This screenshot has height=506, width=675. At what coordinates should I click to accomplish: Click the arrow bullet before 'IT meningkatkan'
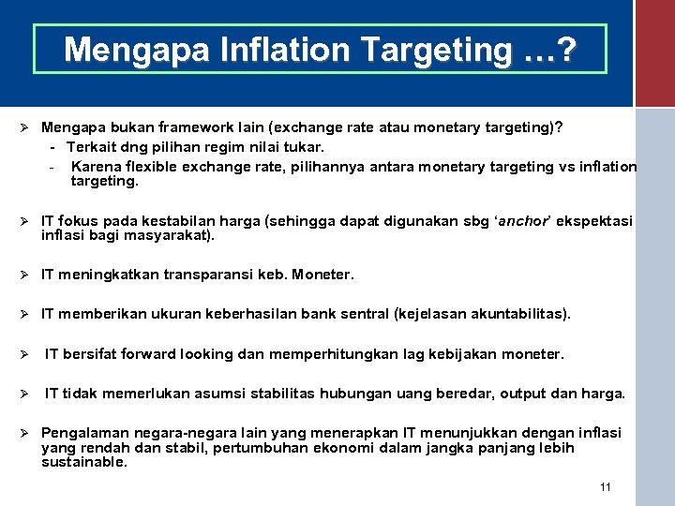click(29, 275)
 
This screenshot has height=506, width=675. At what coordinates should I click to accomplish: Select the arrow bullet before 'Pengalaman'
click(29, 433)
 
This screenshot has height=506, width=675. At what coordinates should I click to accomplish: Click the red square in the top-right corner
click(654, 52)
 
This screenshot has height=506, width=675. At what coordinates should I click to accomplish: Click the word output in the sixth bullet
click(527, 394)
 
